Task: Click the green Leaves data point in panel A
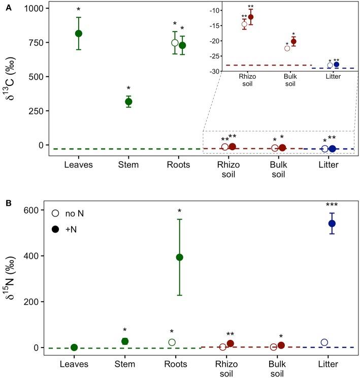tap(79, 34)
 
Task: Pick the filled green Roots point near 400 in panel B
tap(179, 257)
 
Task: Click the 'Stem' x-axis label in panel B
tap(129, 364)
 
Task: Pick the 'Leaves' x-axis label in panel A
tap(79, 165)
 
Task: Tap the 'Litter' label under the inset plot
tap(333, 77)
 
